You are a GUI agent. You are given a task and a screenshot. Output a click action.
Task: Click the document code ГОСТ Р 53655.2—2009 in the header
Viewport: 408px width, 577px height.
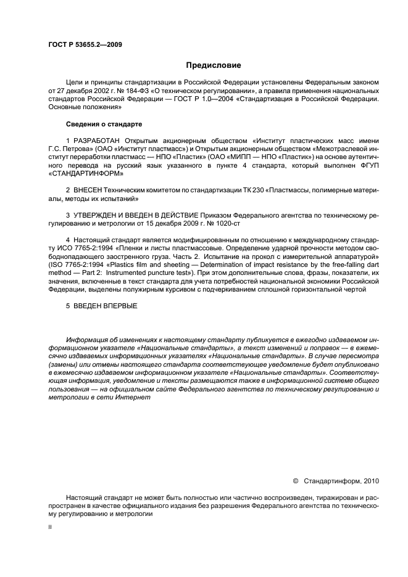click(x=85, y=44)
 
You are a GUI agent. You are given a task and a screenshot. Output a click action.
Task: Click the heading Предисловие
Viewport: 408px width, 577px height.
click(x=214, y=65)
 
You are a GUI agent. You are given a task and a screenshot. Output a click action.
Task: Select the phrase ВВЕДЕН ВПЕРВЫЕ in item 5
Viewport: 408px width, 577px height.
click(x=105, y=306)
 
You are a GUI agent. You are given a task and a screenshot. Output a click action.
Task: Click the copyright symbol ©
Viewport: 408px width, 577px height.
click(x=295, y=480)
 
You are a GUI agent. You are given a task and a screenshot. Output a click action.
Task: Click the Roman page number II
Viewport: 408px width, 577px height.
click(x=50, y=527)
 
